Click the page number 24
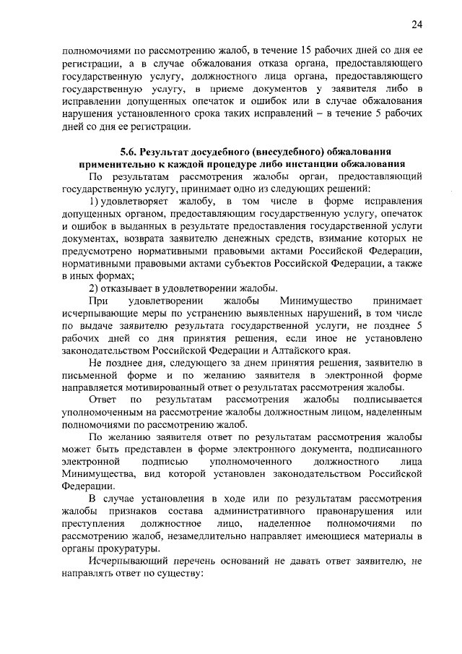417,25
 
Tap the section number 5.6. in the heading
130,152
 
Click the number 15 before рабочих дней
300,51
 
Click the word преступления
95,523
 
